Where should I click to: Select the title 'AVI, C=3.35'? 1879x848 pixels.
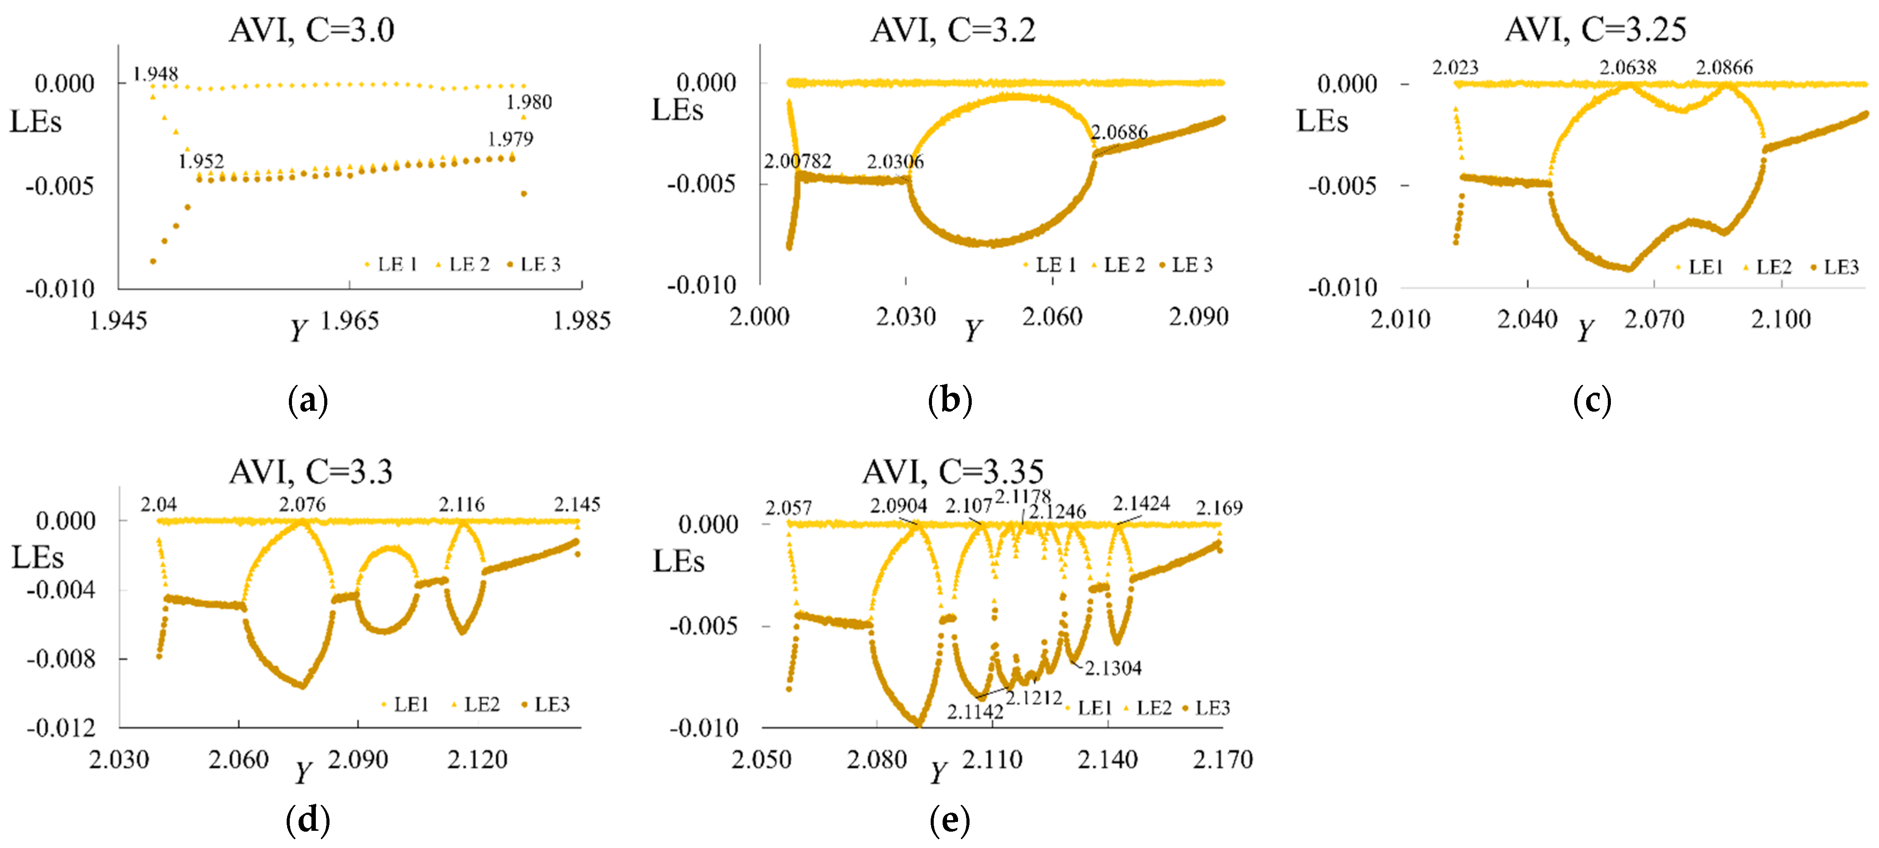point(953,472)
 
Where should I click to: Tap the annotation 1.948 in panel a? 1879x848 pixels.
point(155,74)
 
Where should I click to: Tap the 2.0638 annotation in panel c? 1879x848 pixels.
point(1627,68)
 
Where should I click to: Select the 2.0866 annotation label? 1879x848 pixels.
point(1724,68)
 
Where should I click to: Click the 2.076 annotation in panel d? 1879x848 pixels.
point(302,504)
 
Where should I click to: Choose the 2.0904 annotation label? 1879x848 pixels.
point(898,506)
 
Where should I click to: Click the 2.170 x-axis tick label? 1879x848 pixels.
point(1223,760)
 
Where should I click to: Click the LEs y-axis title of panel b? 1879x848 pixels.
point(677,110)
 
